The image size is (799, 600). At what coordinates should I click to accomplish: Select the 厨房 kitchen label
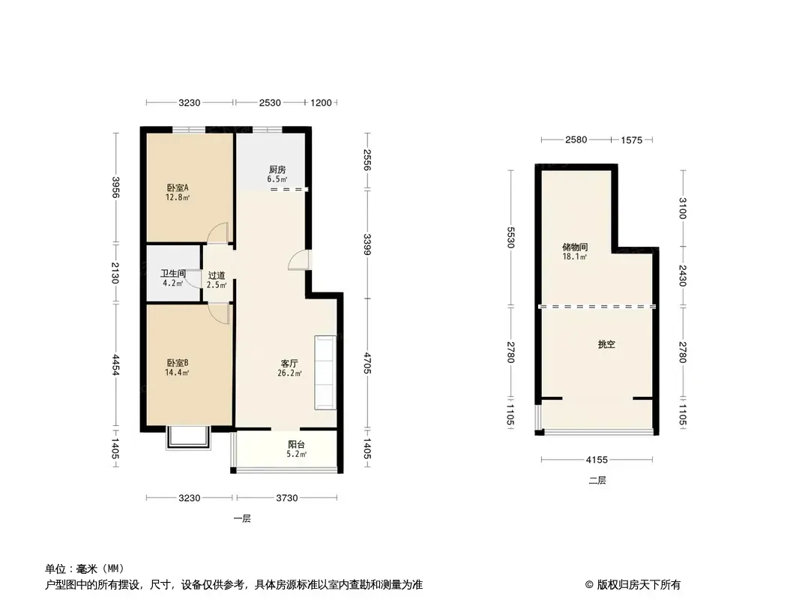click(277, 169)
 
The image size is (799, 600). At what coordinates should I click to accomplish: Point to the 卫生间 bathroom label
click(173, 274)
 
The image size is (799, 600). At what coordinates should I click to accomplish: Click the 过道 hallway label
click(217, 276)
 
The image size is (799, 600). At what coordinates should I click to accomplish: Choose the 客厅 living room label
click(289, 364)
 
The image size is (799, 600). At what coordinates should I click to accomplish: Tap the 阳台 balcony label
click(297, 445)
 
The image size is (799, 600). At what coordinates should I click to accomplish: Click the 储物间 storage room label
click(575, 247)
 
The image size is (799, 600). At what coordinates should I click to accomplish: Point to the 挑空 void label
click(606, 344)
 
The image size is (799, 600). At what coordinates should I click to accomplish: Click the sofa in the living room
click(325, 372)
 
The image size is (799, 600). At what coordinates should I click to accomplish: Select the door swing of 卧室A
click(217, 233)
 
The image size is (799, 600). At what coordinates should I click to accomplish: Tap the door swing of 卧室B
click(219, 313)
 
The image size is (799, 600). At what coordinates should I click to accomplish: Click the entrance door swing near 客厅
click(298, 259)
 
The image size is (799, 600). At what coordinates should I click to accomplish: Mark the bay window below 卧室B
click(188, 439)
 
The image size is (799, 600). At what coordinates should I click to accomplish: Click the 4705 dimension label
click(367, 363)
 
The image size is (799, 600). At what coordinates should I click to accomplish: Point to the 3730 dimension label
click(287, 498)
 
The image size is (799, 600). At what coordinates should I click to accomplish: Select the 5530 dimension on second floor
click(510, 237)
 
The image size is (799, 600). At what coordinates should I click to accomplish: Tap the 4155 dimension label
click(597, 460)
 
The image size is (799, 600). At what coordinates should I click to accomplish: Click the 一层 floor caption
click(242, 519)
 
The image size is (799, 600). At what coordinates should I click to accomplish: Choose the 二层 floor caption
click(597, 481)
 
